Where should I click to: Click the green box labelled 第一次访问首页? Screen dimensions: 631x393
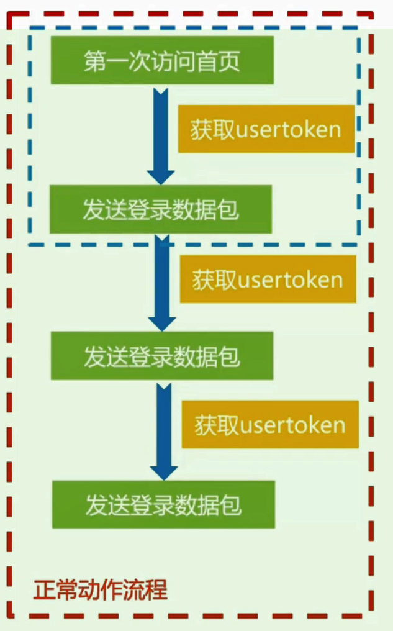coord(162,60)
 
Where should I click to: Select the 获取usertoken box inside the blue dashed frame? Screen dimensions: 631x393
coord(266,129)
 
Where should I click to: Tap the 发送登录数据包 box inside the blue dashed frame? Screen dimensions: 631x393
coord(161,209)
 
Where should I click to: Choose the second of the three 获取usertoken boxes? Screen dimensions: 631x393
coord(268,279)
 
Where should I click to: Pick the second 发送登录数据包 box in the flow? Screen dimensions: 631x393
coord(162,356)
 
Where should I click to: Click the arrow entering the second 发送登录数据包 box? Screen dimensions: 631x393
coord(162,283)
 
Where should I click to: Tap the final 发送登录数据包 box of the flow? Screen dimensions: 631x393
coord(163,504)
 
